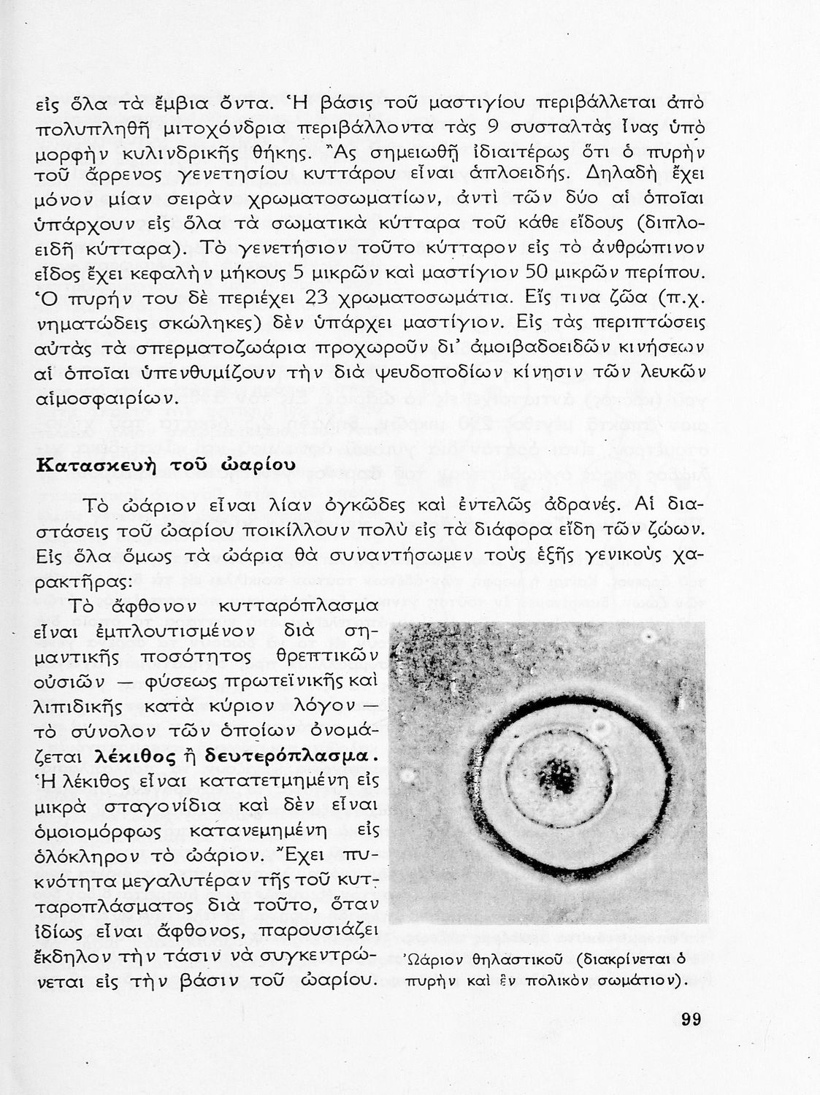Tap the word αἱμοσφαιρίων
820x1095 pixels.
[x=107, y=398]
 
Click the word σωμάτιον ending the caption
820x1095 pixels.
[x=647, y=980]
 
